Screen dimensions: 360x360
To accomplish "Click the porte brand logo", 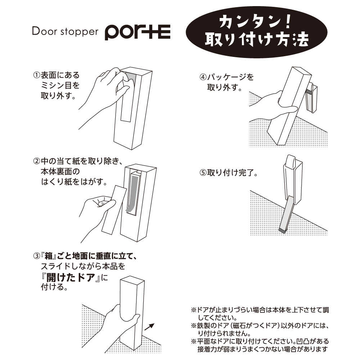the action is [138, 32].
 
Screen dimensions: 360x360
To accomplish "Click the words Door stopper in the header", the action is [65, 32].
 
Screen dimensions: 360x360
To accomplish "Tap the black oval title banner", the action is [256, 32].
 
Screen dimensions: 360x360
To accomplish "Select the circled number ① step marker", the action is [37, 75].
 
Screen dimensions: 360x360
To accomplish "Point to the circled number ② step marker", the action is [37, 161].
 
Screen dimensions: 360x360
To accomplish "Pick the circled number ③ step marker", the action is [37, 256].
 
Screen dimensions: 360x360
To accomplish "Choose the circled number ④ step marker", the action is [203, 77].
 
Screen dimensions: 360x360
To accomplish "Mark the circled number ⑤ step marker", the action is [203, 173].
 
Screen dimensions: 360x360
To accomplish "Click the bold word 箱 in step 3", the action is [49, 256].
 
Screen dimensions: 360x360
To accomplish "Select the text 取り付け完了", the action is [230, 173].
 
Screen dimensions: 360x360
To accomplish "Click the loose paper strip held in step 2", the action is [114, 210].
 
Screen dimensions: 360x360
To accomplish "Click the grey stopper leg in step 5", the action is [287, 215].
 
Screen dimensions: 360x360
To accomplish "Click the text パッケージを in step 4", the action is [230, 77].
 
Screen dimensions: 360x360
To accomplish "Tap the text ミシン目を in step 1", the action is [60, 85].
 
